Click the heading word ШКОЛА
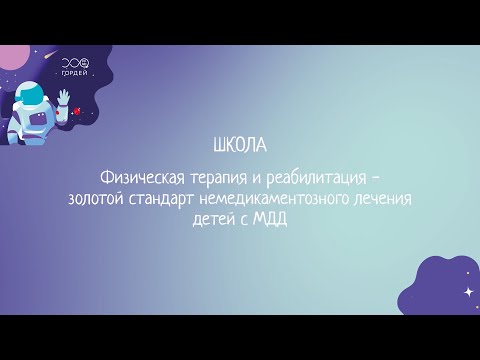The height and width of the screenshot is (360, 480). [240, 144]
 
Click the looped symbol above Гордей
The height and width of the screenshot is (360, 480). [74, 62]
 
